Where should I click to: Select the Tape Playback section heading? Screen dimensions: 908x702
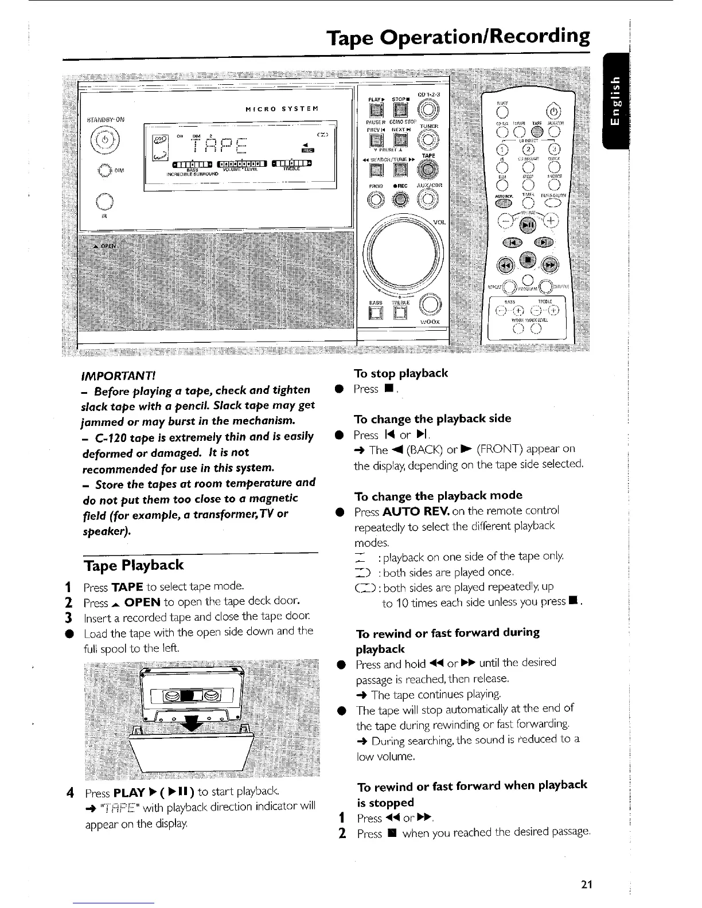click(133, 565)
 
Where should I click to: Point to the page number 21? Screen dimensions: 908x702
click(586, 884)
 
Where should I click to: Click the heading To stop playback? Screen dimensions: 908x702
click(401, 374)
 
